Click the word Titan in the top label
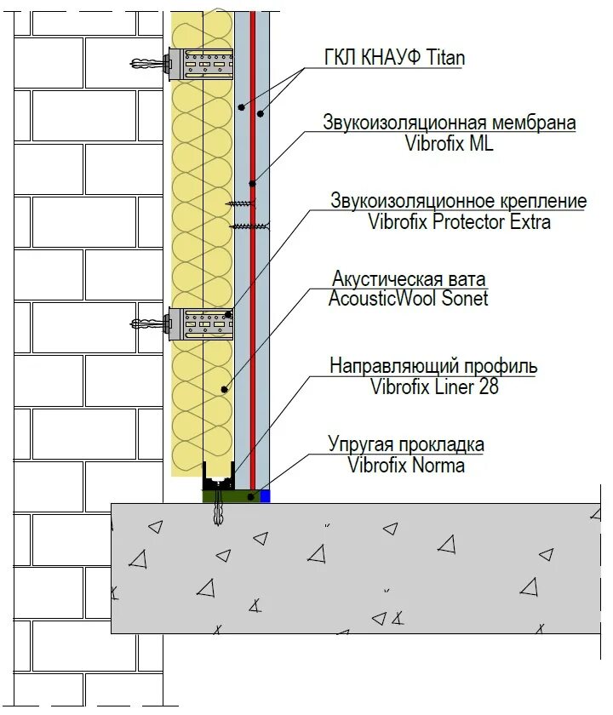click(440, 59)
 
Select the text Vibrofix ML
click(450, 143)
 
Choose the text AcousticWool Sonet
click(409, 298)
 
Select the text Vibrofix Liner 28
click(434, 387)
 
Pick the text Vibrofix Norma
click(406, 465)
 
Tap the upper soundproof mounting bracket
click(201, 63)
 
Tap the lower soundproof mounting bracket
click(201, 323)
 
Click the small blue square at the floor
click(265, 495)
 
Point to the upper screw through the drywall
click(243, 203)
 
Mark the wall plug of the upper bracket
click(149, 63)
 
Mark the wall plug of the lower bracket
click(149, 323)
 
